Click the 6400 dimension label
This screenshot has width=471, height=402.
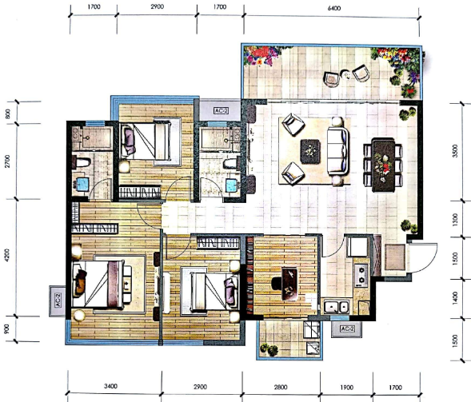point(333,8)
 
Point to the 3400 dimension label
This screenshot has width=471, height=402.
point(110,386)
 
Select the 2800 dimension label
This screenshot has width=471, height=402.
point(281,387)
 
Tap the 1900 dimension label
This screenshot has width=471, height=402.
point(346,388)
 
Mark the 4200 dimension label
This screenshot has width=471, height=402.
point(7,254)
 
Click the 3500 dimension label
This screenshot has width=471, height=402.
point(455,151)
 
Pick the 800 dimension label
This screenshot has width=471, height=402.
point(8,113)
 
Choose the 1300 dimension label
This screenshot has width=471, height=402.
point(455,219)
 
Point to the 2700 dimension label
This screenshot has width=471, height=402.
point(7,161)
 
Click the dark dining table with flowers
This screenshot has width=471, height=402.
point(383,165)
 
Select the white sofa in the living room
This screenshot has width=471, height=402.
point(337,151)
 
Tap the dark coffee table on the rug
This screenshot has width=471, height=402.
point(310,151)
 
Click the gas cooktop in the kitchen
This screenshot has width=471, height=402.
point(361,274)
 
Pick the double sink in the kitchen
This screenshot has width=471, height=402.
point(336,307)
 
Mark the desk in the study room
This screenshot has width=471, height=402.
point(289,284)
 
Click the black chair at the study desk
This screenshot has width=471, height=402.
point(277,284)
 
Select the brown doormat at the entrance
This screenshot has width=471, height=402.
point(395,257)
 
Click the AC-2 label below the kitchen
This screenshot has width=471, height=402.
point(346,328)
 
